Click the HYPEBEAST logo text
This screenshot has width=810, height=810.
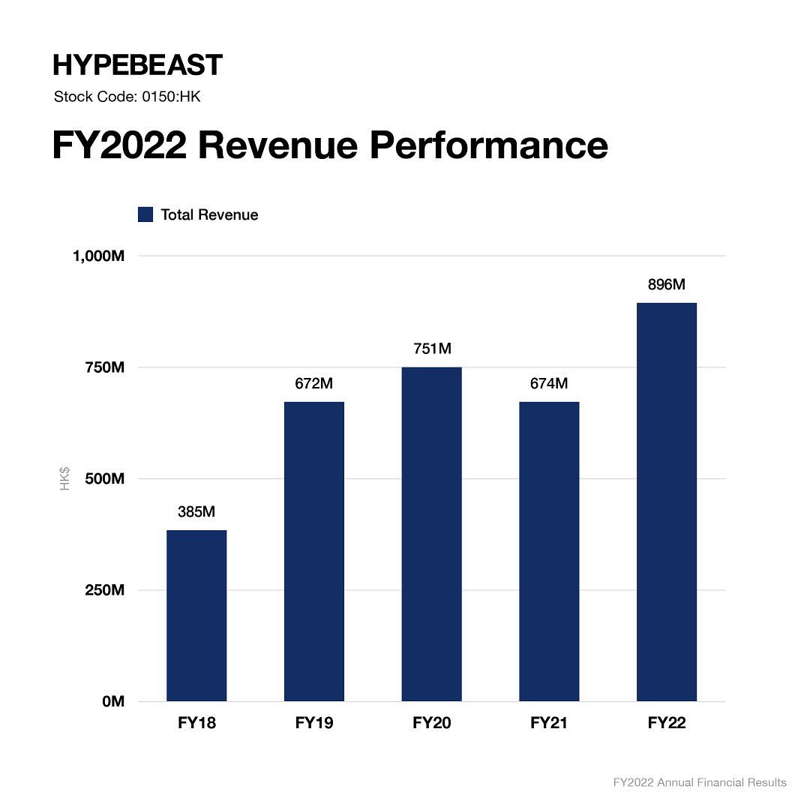137,65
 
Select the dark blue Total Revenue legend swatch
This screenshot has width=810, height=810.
145,214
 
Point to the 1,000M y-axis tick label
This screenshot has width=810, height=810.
97,256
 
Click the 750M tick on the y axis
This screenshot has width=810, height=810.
103,367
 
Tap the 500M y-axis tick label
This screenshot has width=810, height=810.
103,478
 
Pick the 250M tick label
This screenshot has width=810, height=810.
103,590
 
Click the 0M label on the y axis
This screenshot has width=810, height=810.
112,701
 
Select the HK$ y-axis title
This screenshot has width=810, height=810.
65,478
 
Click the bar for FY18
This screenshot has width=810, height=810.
196,615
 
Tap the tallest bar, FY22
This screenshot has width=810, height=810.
666,502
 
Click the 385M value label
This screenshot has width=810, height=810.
196,512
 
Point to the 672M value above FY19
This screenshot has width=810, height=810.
313,384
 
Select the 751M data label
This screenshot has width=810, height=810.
431,349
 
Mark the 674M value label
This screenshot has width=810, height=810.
549,384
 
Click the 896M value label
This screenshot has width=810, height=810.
666,285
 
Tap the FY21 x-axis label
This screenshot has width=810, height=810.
549,724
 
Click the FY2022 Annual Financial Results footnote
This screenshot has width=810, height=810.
700,782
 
